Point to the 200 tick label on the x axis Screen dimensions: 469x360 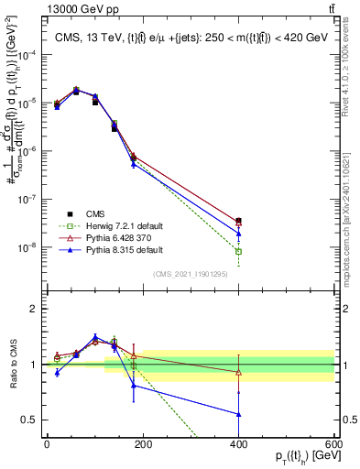(x=142, y=444)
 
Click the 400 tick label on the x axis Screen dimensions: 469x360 (x=238, y=444)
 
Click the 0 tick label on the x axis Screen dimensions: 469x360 (x=47, y=444)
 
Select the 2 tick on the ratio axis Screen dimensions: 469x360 (x=36, y=309)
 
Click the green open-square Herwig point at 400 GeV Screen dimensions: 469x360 (x=239, y=251)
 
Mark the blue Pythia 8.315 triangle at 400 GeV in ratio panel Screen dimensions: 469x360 (x=239, y=414)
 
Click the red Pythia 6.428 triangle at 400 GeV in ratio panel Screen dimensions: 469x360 (x=239, y=372)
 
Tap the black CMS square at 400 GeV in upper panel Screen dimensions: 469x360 (x=239, y=221)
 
